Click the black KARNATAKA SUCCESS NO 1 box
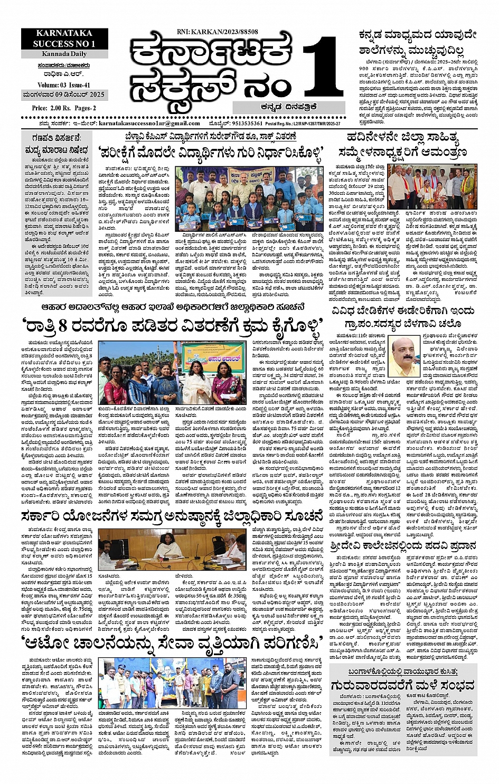pyautogui.click(x=64, y=39)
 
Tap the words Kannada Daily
pyautogui.click(x=64, y=54)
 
